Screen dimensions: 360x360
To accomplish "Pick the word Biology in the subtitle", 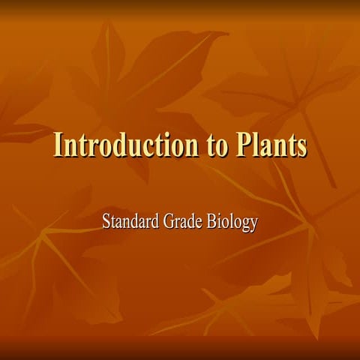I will pos(232,223).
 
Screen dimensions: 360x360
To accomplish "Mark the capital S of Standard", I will pos(106,222).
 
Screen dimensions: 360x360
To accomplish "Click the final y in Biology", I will pos(254,225).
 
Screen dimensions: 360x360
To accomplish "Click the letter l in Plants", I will pos(257,145).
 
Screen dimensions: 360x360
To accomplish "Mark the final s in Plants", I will pos(301,147).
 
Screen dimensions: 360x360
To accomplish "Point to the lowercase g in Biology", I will pos(245,225).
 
